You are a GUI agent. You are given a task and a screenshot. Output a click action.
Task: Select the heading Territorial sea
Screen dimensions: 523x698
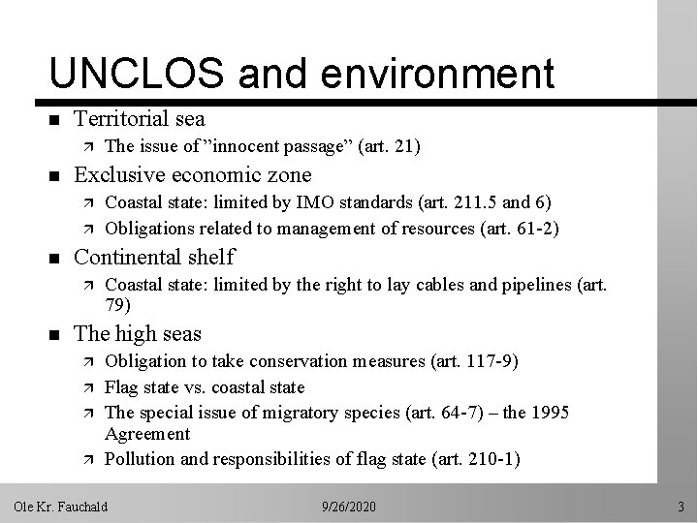click(140, 118)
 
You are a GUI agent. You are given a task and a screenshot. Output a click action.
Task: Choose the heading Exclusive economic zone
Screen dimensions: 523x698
click(193, 174)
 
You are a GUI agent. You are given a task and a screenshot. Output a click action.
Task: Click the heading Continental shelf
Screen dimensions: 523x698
click(154, 256)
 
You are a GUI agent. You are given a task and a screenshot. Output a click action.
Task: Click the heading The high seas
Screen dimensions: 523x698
click(138, 333)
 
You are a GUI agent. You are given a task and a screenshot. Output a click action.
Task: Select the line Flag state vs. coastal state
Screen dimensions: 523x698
click(205, 386)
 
